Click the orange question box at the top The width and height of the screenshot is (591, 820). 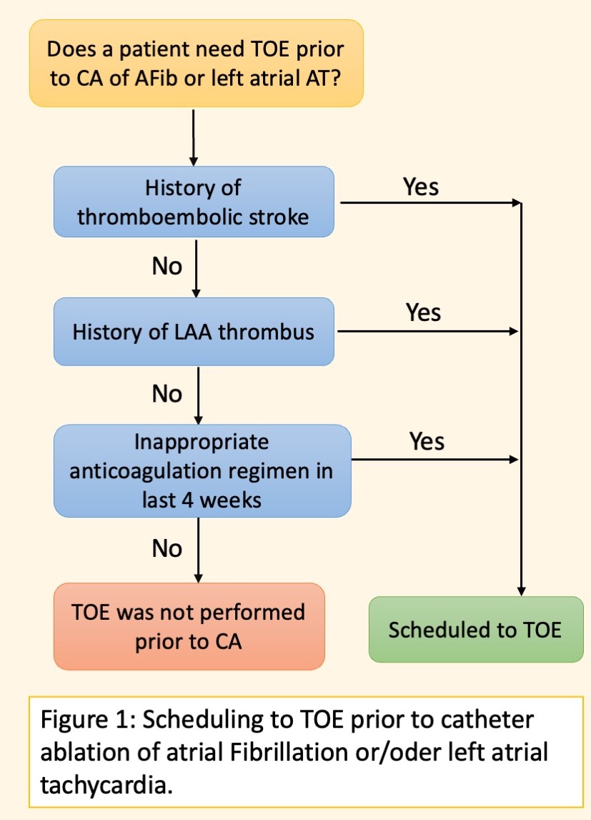[x=196, y=64]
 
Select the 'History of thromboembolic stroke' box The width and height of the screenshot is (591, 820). [x=194, y=202]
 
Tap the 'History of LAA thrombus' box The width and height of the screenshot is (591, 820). [x=194, y=332]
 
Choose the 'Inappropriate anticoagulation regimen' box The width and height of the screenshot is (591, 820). [x=202, y=470]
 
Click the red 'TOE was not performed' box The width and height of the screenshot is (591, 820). [x=189, y=626]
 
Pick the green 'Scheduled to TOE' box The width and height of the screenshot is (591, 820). [x=476, y=630]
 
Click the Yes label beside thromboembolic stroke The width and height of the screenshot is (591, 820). [x=421, y=187]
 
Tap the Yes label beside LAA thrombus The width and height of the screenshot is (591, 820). [x=423, y=312]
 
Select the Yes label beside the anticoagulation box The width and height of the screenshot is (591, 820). [x=427, y=441]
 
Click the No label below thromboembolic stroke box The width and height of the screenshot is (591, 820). [x=167, y=266]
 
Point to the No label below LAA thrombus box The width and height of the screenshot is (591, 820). [x=167, y=394]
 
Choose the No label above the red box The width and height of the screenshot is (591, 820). [x=167, y=548]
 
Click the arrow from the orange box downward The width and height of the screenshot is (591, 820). [x=194, y=137]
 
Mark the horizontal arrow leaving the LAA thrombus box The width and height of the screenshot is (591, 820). [x=427, y=331]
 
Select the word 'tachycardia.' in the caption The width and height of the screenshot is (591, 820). [x=106, y=785]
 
